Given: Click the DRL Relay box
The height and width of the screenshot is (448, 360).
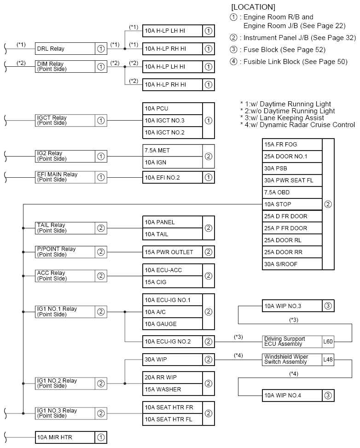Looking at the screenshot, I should pyautogui.click(x=65, y=49).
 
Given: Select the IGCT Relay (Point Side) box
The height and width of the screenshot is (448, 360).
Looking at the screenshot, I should pyautogui.click(x=65, y=121).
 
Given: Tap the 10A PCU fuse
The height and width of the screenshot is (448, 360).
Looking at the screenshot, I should pyautogui.click(x=172, y=109).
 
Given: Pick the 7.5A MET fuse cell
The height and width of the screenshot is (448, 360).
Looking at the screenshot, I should pyautogui.click(x=172, y=151).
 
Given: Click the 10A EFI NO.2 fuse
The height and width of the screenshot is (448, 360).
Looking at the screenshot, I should pyautogui.click(x=172, y=177).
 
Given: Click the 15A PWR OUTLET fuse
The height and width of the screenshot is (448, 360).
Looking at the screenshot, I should pyautogui.click(x=172, y=252).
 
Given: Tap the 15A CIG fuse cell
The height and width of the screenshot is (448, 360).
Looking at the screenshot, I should pyautogui.click(x=172, y=282).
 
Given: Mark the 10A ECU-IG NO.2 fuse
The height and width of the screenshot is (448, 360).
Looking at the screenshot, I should pyautogui.click(x=172, y=342).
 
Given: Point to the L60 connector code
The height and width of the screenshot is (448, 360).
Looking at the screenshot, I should pyautogui.click(x=328, y=342).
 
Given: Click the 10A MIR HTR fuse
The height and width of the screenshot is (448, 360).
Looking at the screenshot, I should pyautogui.click(x=65, y=437).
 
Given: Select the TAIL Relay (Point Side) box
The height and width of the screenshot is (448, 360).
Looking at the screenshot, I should pyautogui.click(x=65, y=228).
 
